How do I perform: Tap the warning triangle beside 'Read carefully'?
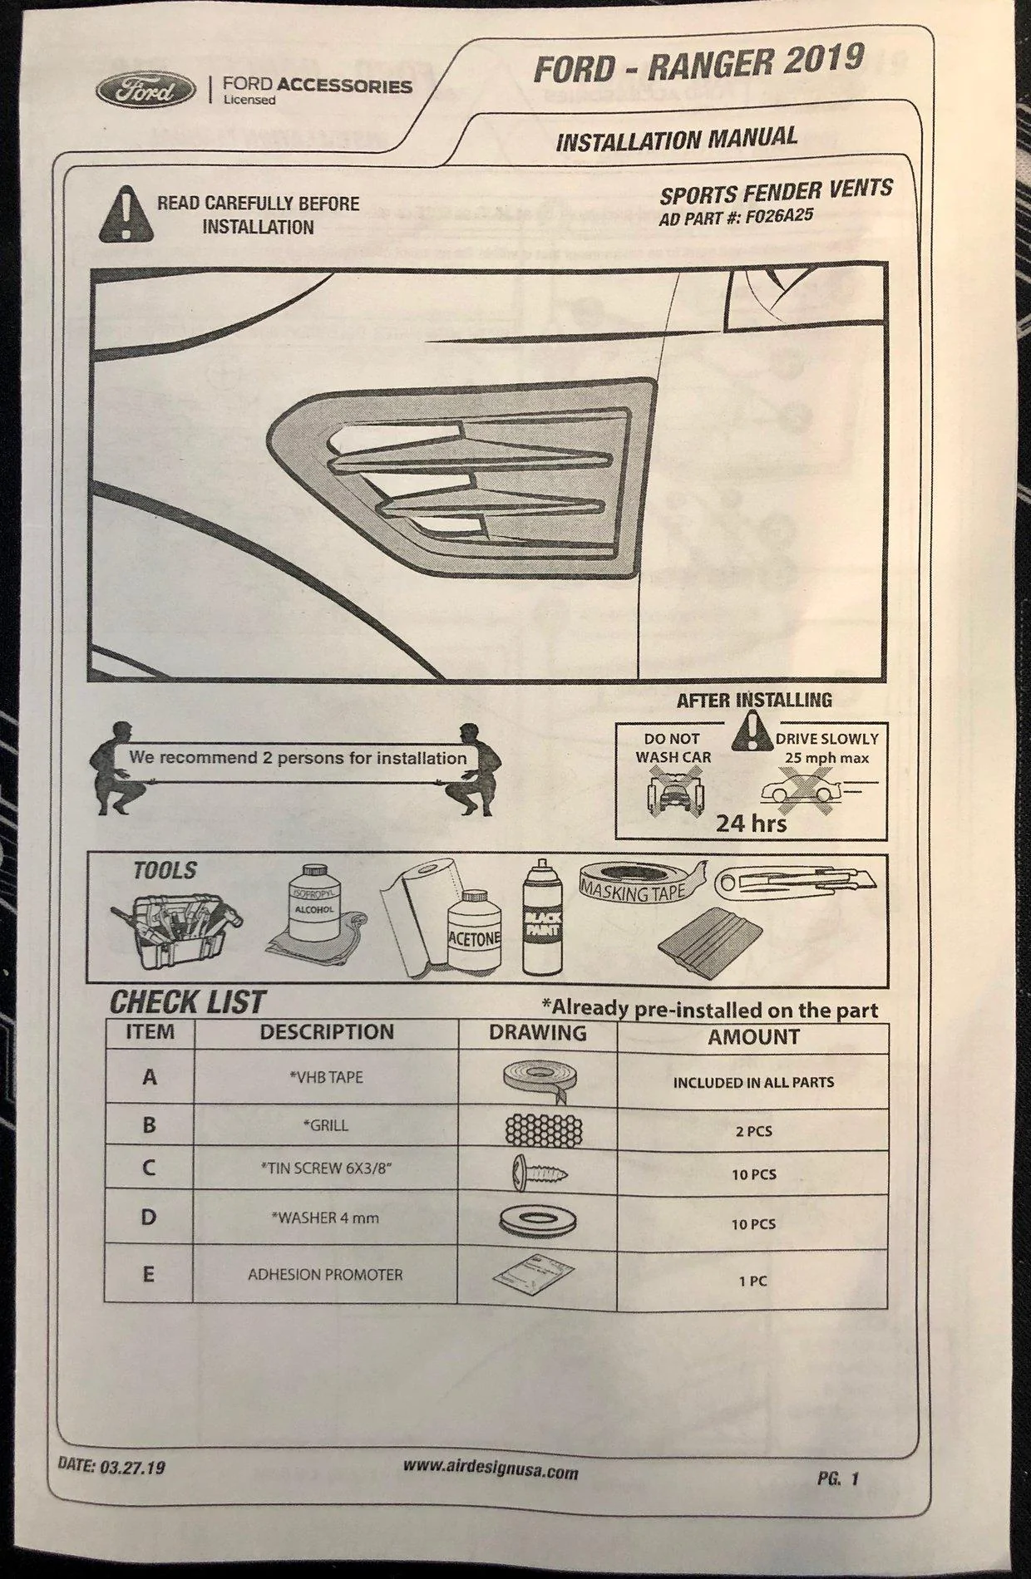(126, 214)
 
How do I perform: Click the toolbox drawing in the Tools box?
(176, 928)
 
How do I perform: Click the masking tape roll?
(641, 884)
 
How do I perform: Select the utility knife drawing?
(797, 881)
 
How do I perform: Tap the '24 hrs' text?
(751, 823)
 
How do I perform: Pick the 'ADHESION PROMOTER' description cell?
(325, 1274)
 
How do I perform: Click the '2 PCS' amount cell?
(753, 1130)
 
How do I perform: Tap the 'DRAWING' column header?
(537, 1033)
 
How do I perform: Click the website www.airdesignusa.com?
(491, 1469)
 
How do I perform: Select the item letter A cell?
(150, 1078)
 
